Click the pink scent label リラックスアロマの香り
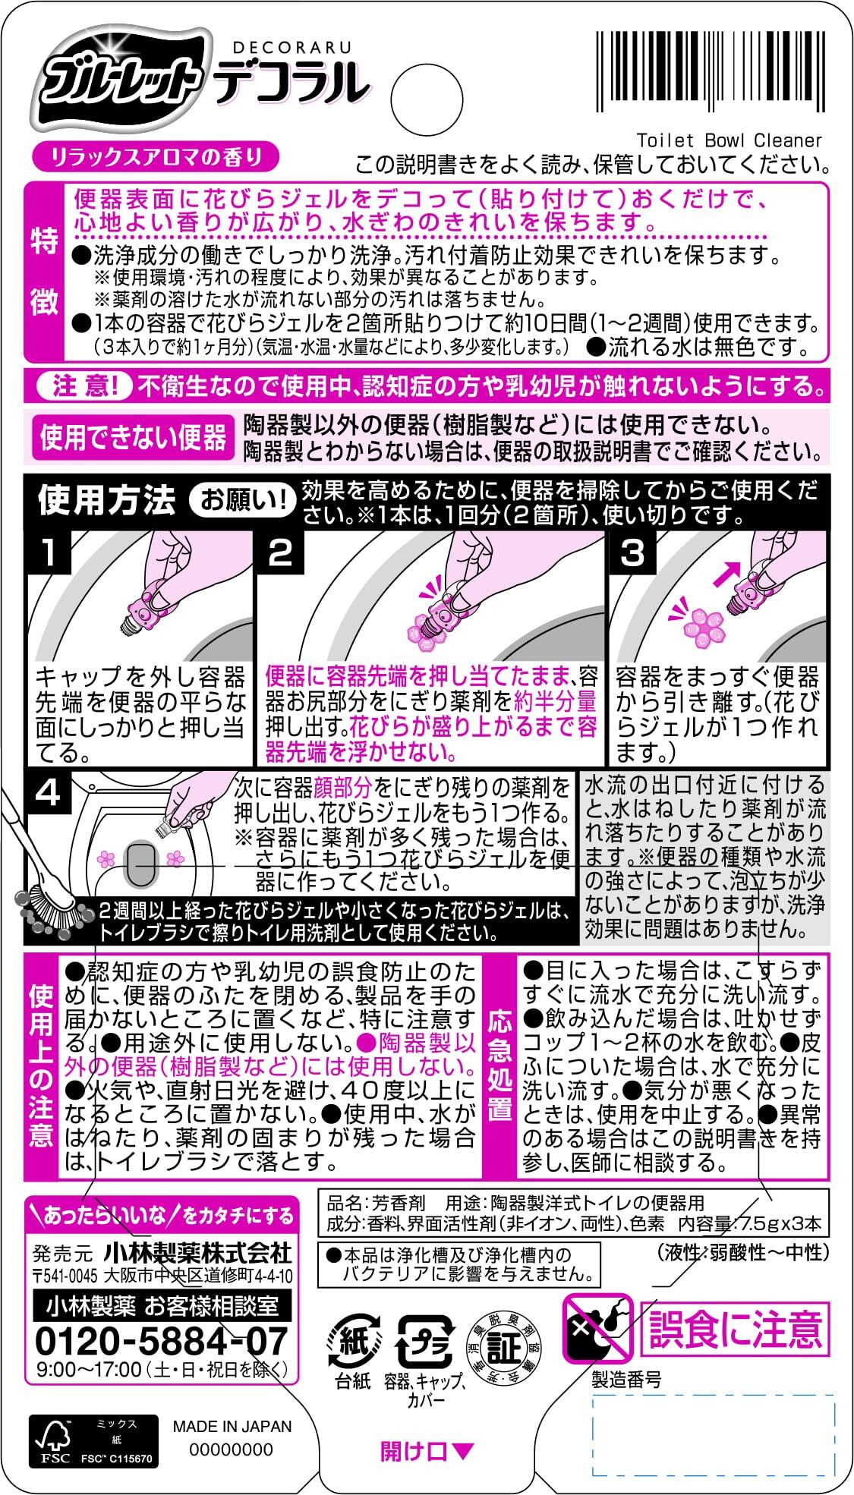coord(156,157)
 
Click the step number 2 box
coord(280,552)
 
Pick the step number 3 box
coord(632,552)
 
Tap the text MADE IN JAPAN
coord(232,1425)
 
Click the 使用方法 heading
coord(106,500)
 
